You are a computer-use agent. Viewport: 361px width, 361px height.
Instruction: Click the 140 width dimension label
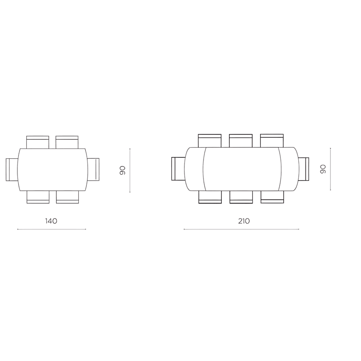pyautogui.click(x=51, y=221)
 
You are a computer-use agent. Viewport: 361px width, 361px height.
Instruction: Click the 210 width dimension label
pyautogui.click(x=244, y=221)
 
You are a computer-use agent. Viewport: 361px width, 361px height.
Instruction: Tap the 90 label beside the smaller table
pyautogui.click(x=122, y=170)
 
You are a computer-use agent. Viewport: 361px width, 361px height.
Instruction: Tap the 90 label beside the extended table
pyautogui.click(x=323, y=169)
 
